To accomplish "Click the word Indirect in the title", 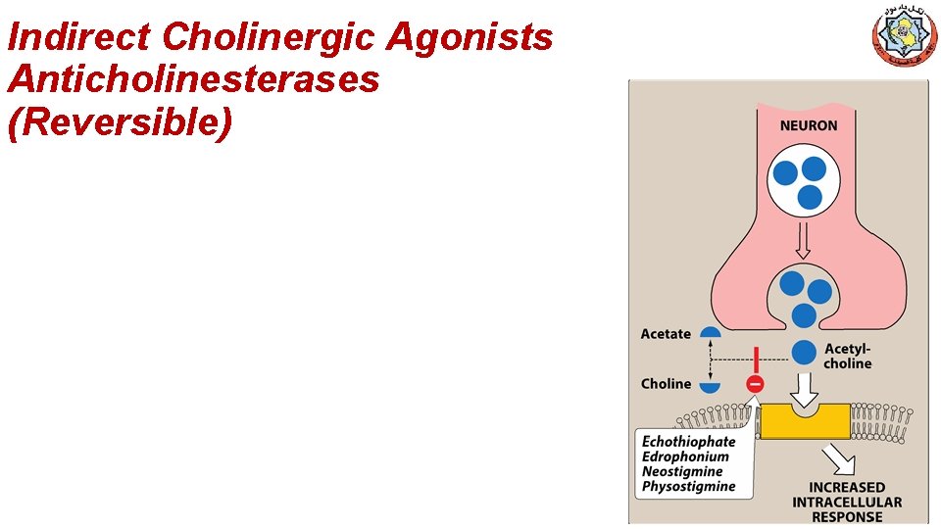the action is click(x=78, y=37).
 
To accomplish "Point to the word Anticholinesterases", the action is click(x=193, y=79).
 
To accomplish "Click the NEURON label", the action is click(x=808, y=125).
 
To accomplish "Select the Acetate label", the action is click(x=666, y=334).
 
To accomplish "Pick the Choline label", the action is click(x=666, y=384).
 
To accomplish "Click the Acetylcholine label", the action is click(x=848, y=357).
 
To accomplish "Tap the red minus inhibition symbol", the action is click(x=755, y=385).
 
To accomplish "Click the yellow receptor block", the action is click(x=803, y=421).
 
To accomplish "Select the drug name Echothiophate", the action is click(x=688, y=442).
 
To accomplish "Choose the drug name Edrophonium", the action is click(x=685, y=457).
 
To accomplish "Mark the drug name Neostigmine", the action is click(x=682, y=471).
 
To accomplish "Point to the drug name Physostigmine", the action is click(x=688, y=486).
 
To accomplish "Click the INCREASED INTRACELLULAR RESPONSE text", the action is click(x=847, y=502).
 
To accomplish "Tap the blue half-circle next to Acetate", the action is click(x=710, y=332).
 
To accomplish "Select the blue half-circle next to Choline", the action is click(x=710, y=387).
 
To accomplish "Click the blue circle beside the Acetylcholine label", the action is click(x=804, y=352).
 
